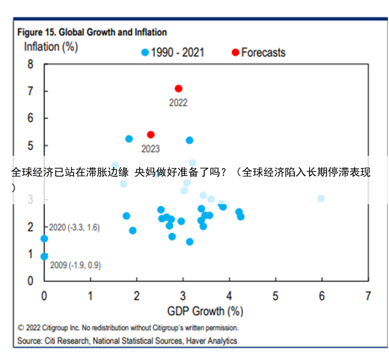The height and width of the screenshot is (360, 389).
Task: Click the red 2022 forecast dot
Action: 178,89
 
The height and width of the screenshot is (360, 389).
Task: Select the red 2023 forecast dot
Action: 150,135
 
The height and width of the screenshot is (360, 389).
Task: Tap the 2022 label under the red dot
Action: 178,103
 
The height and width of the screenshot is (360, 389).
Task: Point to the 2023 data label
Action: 150,149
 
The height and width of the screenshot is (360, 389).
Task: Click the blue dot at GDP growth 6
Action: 321,198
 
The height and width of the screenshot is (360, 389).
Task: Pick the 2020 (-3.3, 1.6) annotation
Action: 74,228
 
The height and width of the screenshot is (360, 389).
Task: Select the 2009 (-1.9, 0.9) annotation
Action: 75,265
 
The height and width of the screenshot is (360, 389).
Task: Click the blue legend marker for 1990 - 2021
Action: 145,53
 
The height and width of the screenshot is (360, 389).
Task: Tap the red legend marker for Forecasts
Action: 235,53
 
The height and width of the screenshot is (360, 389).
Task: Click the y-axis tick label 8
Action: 30,64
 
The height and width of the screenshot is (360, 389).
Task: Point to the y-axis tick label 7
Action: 30,91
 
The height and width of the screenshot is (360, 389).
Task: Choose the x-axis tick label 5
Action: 275,296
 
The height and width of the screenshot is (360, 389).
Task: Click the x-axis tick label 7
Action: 368,296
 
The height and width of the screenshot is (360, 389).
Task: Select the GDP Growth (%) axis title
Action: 205,311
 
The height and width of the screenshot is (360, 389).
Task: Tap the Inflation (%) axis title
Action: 51,47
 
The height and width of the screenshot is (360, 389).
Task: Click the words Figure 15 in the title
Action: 35,32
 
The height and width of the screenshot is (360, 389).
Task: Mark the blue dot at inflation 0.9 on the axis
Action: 44,257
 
